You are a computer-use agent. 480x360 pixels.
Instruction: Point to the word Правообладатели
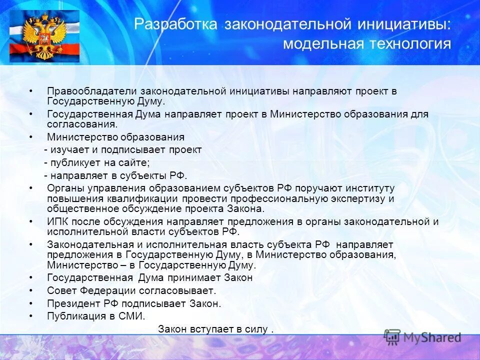tap(92, 91)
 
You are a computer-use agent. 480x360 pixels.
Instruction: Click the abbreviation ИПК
tap(57, 221)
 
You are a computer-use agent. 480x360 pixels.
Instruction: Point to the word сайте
tap(133, 162)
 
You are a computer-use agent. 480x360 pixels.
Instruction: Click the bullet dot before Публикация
tap(31, 316)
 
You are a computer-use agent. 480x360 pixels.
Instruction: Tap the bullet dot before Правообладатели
tap(31, 91)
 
